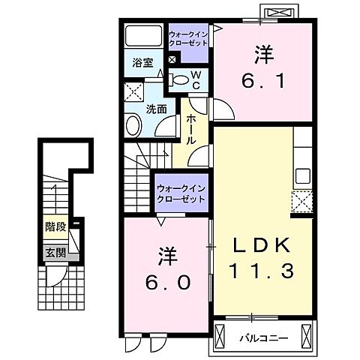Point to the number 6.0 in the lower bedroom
pyautogui.click(x=166, y=282)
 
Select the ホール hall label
pyautogui.click(x=191, y=129)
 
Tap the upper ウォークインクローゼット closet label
pyautogui.click(x=187, y=39)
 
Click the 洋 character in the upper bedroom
pyautogui.click(x=262, y=53)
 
